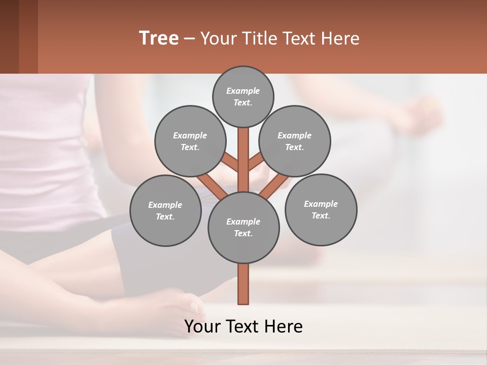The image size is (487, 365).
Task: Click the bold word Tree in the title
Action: pos(159,38)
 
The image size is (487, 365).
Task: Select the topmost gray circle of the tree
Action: pos(243,96)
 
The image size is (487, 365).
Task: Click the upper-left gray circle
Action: pos(190,141)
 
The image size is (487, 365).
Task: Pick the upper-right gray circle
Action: pos(294,141)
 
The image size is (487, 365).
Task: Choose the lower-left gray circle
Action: pos(165,210)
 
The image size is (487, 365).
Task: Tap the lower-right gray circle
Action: pos(321,209)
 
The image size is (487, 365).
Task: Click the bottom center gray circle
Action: pos(243,227)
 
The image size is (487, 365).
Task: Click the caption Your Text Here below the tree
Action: pos(243,326)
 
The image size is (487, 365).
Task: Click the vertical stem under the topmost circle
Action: pos(243,152)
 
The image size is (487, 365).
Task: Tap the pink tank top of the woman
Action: pos(46,152)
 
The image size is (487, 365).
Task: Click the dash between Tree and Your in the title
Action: pos(189,39)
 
